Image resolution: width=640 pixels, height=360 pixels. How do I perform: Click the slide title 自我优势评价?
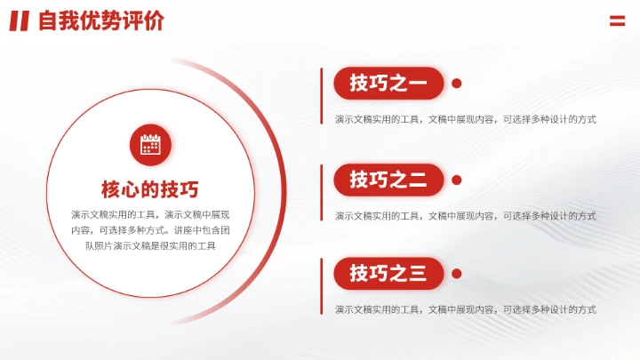point(100,21)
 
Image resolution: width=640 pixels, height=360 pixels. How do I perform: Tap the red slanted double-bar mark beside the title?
point(20,21)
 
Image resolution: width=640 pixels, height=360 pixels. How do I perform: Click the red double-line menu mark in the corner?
point(617,21)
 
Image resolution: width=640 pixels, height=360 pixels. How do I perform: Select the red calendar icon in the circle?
point(150,144)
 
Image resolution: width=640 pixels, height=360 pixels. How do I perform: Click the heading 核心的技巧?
point(150,189)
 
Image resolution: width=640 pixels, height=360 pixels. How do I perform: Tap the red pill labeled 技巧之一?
point(388,84)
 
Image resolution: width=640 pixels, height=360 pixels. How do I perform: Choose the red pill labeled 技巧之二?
point(388,180)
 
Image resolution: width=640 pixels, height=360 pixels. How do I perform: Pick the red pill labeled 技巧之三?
point(388,274)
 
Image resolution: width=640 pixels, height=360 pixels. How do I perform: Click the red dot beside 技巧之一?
point(457,84)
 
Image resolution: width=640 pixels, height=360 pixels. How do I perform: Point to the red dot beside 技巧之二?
point(457,180)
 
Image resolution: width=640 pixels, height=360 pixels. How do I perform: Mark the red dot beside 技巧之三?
point(457,274)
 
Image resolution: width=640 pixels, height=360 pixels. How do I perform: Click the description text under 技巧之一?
point(465,119)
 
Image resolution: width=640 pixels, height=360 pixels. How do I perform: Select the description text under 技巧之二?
point(465,215)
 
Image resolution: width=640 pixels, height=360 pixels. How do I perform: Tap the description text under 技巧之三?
point(465,309)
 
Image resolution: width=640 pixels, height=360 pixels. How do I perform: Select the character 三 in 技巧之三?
point(417,274)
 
